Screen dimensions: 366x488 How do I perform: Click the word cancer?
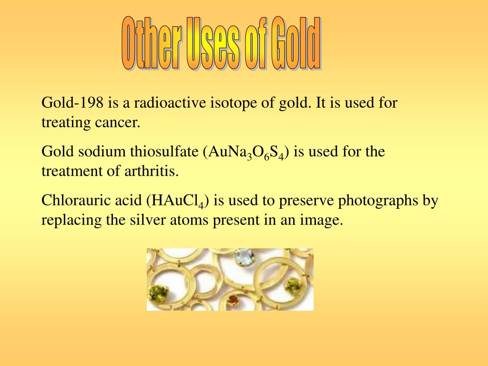coord(119,122)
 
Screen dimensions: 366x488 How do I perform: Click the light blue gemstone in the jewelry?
coord(245,257)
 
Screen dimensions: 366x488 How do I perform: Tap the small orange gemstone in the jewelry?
coord(233,300)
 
